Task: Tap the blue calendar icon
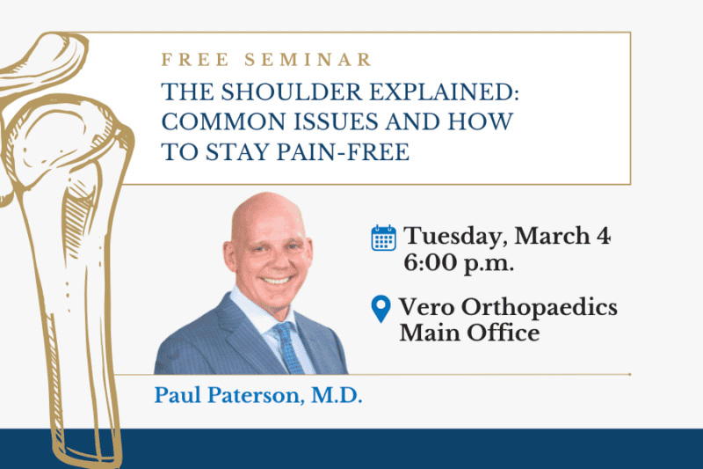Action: click(x=383, y=238)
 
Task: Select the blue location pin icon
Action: click(x=380, y=309)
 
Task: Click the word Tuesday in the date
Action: click(x=455, y=237)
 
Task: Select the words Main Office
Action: click(x=469, y=333)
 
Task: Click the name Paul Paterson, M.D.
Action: click(x=258, y=396)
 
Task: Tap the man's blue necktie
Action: click(x=285, y=346)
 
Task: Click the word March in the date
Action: click(x=552, y=237)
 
